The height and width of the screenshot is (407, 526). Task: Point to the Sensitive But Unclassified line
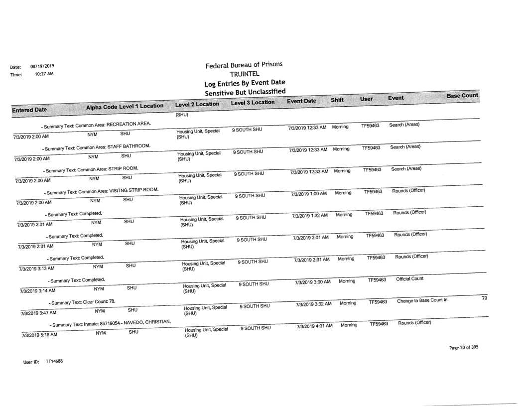[243, 92]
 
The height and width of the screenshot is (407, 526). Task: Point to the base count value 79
[484, 297]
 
